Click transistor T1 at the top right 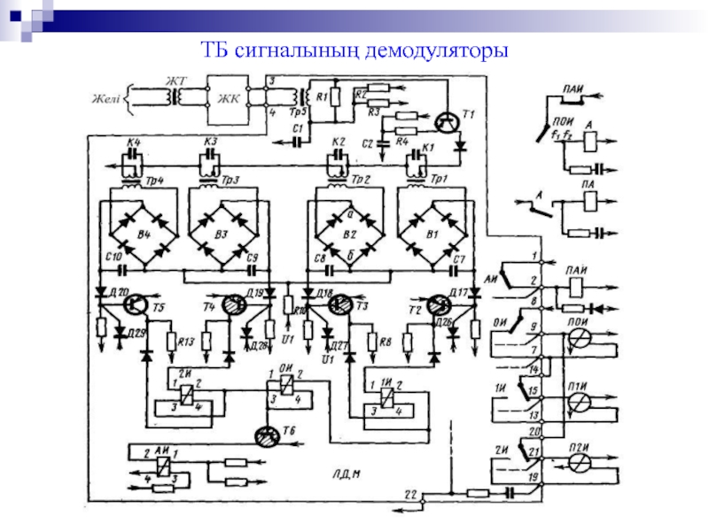(450, 121)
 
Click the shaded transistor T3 (338, 304)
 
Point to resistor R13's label (185, 341)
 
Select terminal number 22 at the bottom (409, 493)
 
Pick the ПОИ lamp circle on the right (578, 337)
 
